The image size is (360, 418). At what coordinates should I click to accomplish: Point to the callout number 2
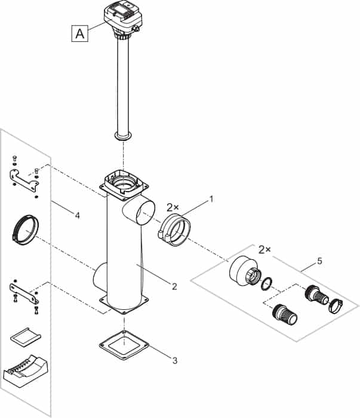pyautogui.click(x=174, y=287)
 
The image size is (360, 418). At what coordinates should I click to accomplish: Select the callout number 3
pyautogui.click(x=174, y=360)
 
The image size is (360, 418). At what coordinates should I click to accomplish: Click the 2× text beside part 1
pyautogui.click(x=173, y=207)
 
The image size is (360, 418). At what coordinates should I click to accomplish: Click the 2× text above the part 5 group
pyautogui.click(x=265, y=248)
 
